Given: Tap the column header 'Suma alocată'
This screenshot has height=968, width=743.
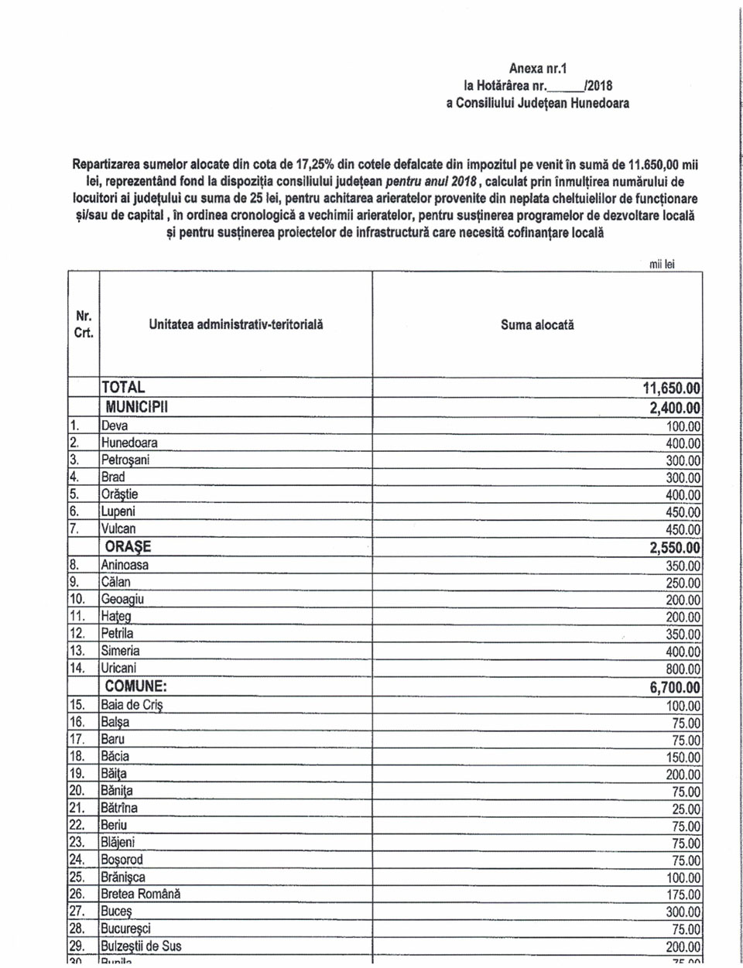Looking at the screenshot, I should click(x=537, y=326).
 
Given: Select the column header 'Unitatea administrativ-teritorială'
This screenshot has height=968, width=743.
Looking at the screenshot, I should click(x=236, y=325).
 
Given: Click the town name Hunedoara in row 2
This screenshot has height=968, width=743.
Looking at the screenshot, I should click(x=129, y=443).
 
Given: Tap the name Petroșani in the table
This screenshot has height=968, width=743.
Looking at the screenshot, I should click(x=125, y=460).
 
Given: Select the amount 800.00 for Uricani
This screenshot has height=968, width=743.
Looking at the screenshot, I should click(x=683, y=669).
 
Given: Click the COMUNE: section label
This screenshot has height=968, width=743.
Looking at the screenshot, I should click(x=136, y=686).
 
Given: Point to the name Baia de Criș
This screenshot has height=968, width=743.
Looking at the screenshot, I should click(x=132, y=705).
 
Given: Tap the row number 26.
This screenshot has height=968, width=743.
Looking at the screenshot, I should click(x=77, y=894).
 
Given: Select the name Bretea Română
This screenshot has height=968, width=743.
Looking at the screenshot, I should click(x=140, y=894).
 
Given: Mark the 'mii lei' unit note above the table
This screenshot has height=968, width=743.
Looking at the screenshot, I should click(x=662, y=264).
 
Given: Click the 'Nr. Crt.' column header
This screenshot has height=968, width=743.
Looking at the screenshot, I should click(x=84, y=325).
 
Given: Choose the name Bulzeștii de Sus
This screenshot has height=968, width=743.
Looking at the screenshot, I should click(x=141, y=946).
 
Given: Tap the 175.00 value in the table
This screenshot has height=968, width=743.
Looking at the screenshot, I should click(x=683, y=895).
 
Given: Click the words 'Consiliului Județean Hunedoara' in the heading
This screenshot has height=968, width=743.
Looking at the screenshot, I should click(x=542, y=103).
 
